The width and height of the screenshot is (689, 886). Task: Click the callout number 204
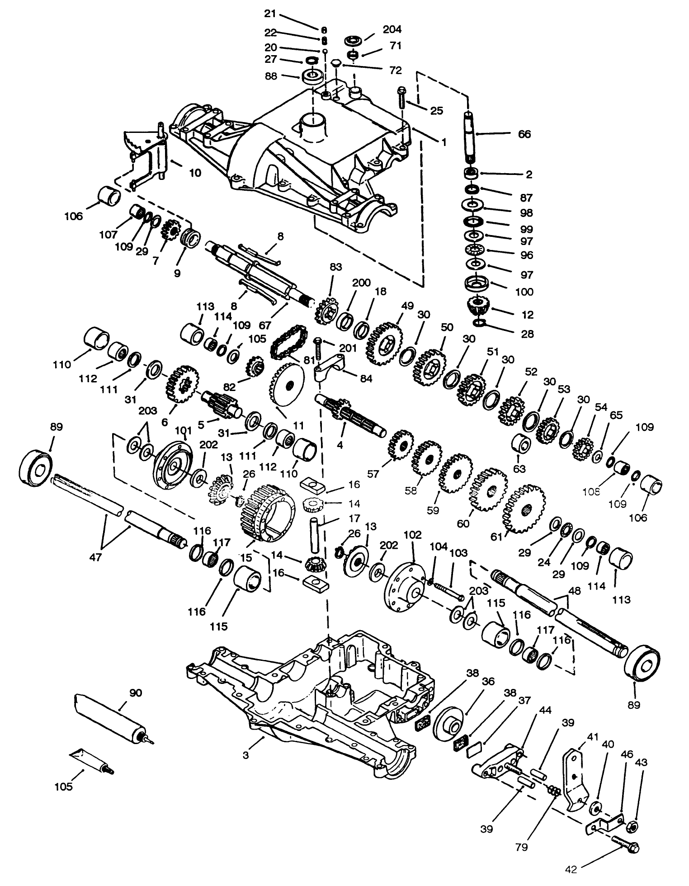pyautogui.click(x=392, y=29)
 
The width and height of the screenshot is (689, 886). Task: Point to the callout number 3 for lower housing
pyautogui.click(x=245, y=755)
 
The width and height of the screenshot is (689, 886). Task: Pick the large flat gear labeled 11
pyautogui.click(x=288, y=386)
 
